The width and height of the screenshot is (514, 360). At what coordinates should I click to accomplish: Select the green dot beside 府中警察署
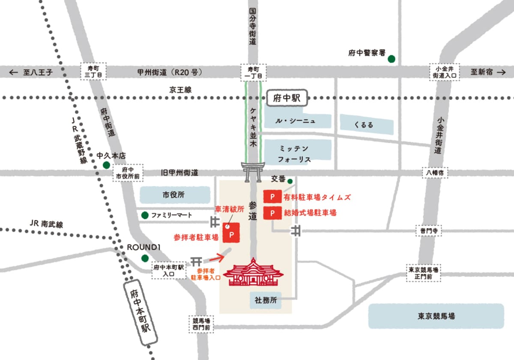[x=391, y=60]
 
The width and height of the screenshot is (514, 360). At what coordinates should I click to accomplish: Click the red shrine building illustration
[x=253, y=273]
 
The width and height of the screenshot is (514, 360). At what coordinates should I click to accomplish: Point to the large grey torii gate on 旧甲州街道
[x=253, y=172]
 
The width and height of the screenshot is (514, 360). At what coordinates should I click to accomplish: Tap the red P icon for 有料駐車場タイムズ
[x=272, y=197]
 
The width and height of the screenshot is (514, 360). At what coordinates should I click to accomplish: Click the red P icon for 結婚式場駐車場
[x=272, y=213]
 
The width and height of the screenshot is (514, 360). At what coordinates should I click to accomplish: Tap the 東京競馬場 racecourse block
[x=436, y=316]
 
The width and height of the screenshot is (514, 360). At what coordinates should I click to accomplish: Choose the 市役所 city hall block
[x=173, y=195]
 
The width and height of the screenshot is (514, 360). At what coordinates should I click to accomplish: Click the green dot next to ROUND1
[x=145, y=258]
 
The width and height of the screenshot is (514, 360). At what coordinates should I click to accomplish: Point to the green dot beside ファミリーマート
[x=145, y=215]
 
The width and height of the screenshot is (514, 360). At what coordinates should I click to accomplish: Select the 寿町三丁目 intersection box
[x=93, y=72]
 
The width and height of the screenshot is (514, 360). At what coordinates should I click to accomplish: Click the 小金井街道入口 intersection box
[x=445, y=72]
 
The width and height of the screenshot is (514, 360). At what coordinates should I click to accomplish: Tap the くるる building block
[x=366, y=125]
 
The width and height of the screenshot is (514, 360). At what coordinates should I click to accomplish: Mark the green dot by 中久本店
[x=106, y=165]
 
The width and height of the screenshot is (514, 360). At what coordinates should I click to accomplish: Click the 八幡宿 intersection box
[x=434, y=173]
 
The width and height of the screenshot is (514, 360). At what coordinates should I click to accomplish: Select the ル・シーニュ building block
[x=297, y=121]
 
